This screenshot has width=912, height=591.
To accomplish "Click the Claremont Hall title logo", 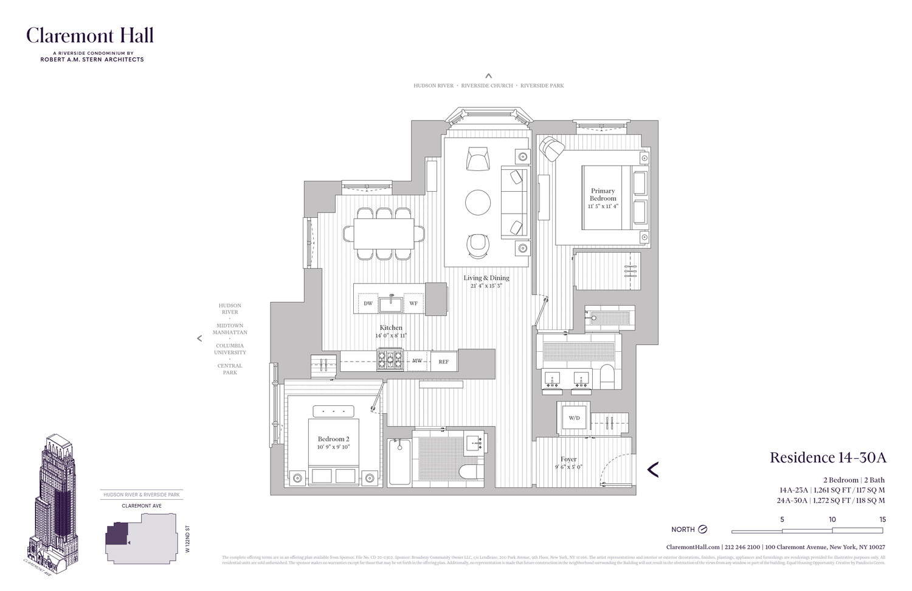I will [x=89, y=36].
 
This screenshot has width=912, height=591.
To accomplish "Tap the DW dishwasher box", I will [x=368, y=303].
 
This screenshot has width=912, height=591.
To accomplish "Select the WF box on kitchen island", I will [x=413, y=303].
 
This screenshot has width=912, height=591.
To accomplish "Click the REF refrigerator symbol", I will [x=443, y=362].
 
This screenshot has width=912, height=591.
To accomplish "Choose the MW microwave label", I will [x=417, y=361].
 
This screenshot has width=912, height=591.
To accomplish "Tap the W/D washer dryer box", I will [x=574, y=418].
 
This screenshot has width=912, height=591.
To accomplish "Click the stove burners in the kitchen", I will [x=390, y=360].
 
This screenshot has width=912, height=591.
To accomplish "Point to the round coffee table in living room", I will [x=478, y=203].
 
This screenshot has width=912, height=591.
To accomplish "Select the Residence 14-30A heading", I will [x=827, y=458].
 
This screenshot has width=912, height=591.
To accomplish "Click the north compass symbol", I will [x=703, y=530].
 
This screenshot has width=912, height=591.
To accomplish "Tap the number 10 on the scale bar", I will [x=832, y=520].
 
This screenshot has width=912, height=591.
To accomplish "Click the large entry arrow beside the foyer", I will [x=653, y=469].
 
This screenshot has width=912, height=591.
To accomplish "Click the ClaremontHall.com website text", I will [x=693, y=547].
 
